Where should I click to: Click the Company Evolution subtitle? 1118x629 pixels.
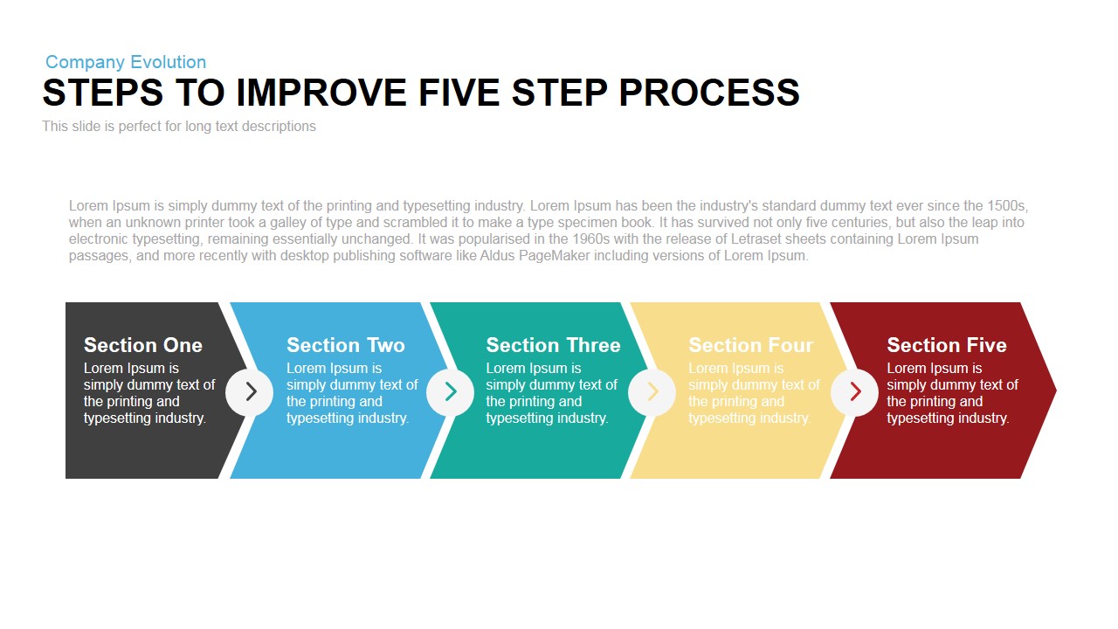pyautogui.click(x=126, y=62)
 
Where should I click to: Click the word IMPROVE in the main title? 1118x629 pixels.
pyautogui.click(x=321, y=93)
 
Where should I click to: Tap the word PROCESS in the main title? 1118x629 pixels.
pyautogui.click(x=709, y=93)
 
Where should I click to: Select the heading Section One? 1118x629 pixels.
pyautogui.click(x=143, y=345)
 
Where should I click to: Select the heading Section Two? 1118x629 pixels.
pyautogui.click(x=346, y=345)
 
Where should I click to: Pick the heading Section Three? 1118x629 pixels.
pyautogui.click(x=553, y=345)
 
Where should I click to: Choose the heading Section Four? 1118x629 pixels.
pyautogui.click(x=750, y=345)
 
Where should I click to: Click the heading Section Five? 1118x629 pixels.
pyautogui.click(x=947, y=345)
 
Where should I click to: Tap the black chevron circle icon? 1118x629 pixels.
pyautogui.click(x=250, y=392)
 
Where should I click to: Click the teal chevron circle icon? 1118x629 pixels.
pyautogui.click(x=450, y=392)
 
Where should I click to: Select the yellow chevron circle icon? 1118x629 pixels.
pyautogui.click(x=652, y=392)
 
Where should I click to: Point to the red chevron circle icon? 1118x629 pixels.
pyautogui.click(x=854, y=392)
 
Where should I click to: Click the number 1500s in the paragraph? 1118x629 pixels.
pyautogui.click(x=1007, y=205)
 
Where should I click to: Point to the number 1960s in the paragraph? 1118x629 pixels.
pyautogui.click(x=591, y=239)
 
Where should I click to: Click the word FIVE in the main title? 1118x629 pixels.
pyautogui.click(x=459, y=93)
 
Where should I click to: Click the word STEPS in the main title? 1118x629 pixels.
pyautogui.click(x=103, y=93)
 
